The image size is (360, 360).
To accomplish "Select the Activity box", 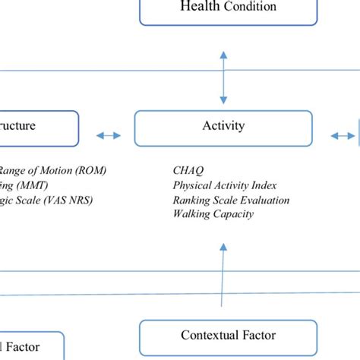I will click(x=223, y=128).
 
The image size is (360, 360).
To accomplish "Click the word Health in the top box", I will click(x=198, y=7).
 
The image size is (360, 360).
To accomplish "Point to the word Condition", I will click(x=248, y=7).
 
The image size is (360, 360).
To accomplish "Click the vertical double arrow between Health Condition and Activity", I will click(x=223, y=77).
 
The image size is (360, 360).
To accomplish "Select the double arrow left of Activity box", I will click(x=108, y=136).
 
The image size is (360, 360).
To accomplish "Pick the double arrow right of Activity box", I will click(x=342, y=136).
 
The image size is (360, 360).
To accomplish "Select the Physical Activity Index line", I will click(x=224, y=185).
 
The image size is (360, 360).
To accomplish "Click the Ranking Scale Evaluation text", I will click(x=232, y=200).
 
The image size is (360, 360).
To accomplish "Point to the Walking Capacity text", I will click(x=213, y=214).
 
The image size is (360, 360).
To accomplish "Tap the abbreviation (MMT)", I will click(x=30, y=185).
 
